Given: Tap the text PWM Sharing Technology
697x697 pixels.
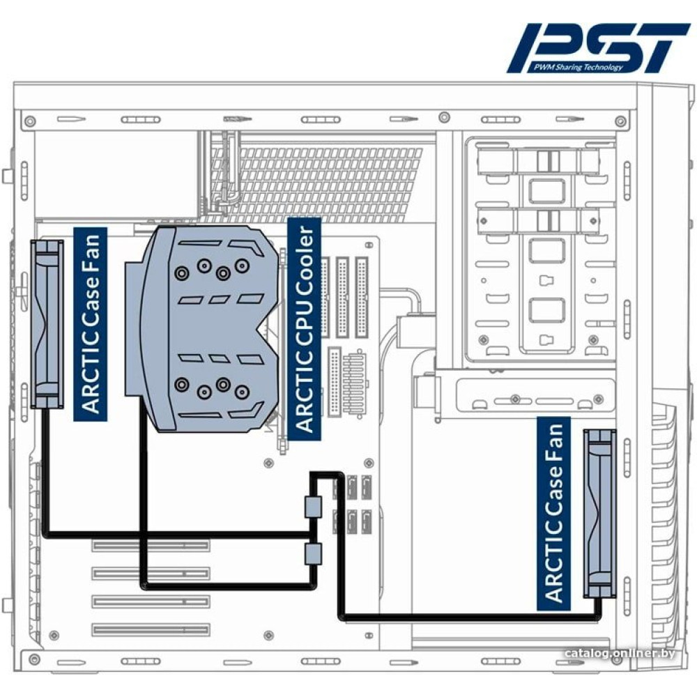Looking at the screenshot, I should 577,68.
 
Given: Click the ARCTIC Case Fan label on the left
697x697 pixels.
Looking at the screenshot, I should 91,323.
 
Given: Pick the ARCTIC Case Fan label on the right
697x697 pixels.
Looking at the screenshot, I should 553,513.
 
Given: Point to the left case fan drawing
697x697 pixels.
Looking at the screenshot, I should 48,323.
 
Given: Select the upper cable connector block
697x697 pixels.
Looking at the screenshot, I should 312,506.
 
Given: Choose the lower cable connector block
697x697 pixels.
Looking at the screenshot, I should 312,555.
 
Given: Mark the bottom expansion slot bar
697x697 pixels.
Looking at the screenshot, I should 151,629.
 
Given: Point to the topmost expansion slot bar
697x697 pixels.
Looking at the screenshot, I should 151,545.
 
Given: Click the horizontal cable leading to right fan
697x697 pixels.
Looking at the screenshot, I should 467,617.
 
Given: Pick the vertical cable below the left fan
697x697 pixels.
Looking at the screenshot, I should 45,474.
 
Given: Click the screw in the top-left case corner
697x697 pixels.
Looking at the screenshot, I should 29,121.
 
